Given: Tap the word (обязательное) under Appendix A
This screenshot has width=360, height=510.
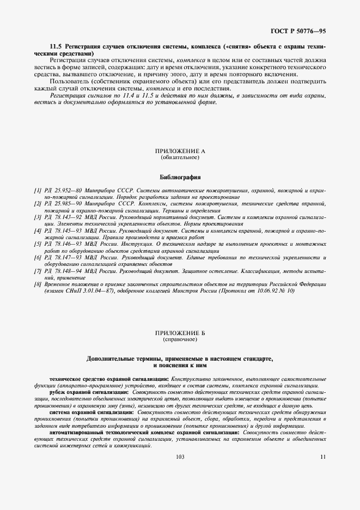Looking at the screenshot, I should [180, 157].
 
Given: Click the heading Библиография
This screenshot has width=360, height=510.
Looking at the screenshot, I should [180, 177].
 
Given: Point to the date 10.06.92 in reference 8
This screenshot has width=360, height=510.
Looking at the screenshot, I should [267, 291].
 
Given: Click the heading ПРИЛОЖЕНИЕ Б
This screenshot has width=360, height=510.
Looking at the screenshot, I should [180, 333].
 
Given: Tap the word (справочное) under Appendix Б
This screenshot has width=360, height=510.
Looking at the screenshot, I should [180, 339].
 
